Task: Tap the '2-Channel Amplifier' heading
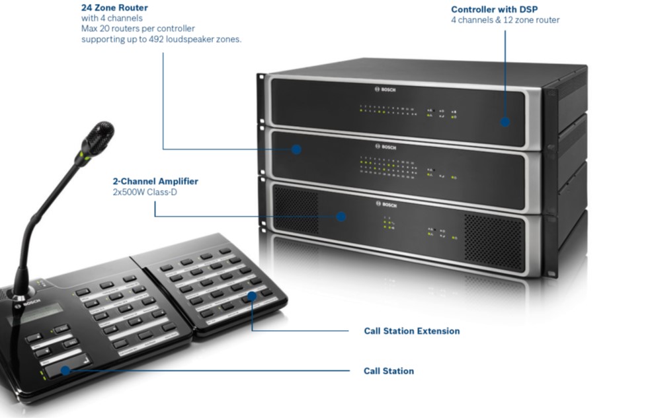point(155,181)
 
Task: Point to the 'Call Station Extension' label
point(411,331)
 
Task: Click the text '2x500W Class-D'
point(146,192)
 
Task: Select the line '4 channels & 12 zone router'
point(505,20)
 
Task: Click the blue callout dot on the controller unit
point(505,122)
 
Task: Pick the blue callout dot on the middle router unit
point(296,149)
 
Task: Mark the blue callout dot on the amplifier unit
point(341,216)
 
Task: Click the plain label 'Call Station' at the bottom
point(389,371)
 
